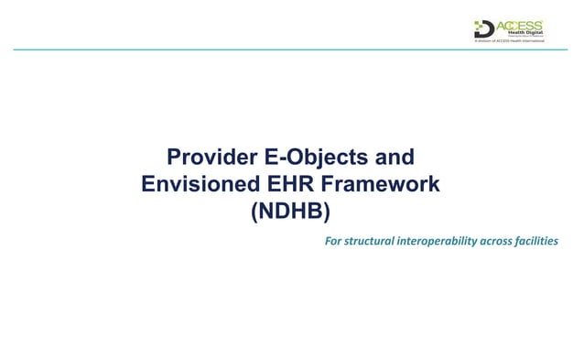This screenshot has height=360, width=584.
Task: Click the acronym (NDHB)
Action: click(x=289, y=213)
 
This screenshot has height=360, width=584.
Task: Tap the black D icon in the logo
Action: click(x=483, y=28)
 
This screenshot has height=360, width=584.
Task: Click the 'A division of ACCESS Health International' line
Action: click(x=508, y=41)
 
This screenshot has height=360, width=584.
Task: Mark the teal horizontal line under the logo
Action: click(x=292, y=49)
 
